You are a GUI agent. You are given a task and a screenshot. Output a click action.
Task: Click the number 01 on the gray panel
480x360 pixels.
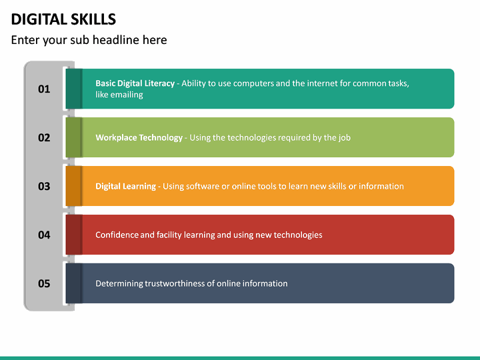[x=44, y=89]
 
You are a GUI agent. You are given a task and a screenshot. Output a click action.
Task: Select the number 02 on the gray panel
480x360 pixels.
[x=44, y=137]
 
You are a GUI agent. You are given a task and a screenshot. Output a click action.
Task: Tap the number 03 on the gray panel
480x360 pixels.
[x=44, y=186]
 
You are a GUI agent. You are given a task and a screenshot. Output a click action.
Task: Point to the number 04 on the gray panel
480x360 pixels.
[x=44, y=235]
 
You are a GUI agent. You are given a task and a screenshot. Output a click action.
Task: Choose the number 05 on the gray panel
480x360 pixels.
[x=44, y=283]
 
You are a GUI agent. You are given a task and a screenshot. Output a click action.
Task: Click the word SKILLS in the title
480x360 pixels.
[x=91, y=19]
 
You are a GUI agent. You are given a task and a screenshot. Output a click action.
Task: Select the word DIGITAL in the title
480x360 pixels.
[x=37, y=19]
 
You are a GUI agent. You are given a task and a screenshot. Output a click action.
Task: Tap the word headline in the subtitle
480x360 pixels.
[x=118, y=40]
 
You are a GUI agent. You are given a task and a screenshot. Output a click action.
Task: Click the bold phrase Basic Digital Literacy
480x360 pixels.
[x=135, y=83]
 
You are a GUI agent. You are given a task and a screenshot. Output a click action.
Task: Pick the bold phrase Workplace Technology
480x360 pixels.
[x=139, y=137]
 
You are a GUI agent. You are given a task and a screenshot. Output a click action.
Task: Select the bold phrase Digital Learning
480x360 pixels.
[x=125, y=186]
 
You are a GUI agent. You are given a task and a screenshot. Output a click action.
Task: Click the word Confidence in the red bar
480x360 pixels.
[x=116, y=235]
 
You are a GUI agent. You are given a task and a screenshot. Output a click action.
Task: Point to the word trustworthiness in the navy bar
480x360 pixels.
[x=175, y=283]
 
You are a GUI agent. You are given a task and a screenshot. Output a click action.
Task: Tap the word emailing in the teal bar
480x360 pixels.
[x=128, y=95]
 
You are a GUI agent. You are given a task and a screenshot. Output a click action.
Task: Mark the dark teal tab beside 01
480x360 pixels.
[x=73, y=89]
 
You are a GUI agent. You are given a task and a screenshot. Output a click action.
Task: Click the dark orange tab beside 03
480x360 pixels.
[x=73, y=186]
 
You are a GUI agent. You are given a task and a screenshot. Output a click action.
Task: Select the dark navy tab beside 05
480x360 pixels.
[x=73, y=283]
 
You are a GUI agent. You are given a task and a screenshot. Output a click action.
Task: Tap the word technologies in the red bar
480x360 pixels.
[x=297, y=235]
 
